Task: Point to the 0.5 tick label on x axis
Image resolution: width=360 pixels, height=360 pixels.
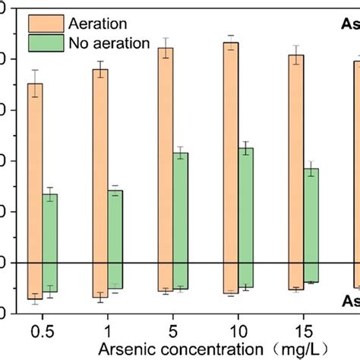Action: (43, 332)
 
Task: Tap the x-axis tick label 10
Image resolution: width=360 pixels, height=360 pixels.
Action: (238, 332)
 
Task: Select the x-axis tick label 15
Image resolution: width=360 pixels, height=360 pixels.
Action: (304, 332)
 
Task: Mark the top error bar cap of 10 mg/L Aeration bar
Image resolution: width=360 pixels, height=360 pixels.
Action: (231, 36)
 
